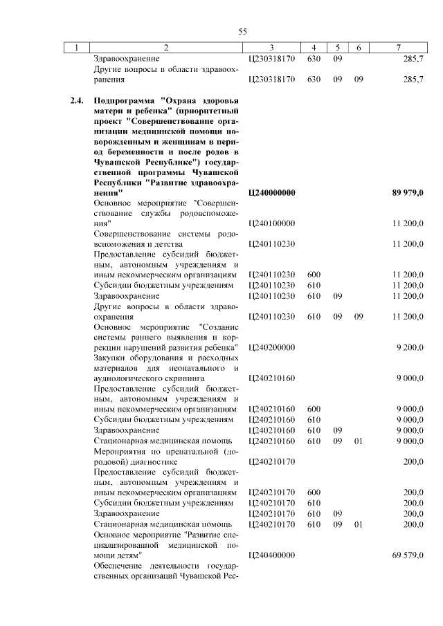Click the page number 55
[242, 31]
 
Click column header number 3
[271, 47]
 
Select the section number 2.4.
[78, 100]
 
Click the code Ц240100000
[271, 223]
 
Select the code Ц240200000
[271, 347]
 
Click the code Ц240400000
[271, 555]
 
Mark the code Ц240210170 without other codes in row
[271, 461]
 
